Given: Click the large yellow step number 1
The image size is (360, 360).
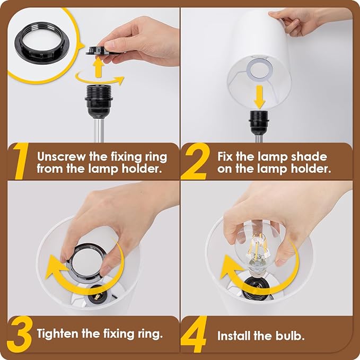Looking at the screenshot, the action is pos(21,161).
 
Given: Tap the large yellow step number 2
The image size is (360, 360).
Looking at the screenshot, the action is pos(195,161).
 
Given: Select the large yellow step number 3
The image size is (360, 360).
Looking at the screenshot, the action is pos(20,334).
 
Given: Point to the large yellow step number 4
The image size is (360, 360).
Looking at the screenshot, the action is pos(194,334).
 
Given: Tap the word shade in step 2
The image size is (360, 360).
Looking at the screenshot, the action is pos(309,156).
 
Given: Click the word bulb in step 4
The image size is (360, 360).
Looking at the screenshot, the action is pos(290,336).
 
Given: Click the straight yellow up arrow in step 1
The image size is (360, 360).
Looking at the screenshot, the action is pos(99,67).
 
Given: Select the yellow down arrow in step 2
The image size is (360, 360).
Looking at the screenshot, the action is pos(259,97).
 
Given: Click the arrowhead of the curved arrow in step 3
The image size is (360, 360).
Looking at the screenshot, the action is pos(54,267).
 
